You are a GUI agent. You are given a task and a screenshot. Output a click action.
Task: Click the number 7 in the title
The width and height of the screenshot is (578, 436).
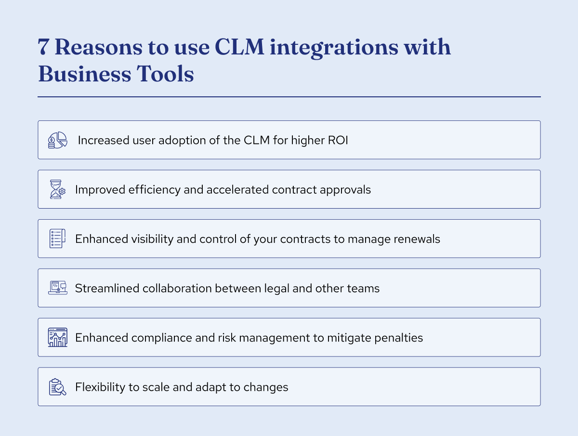click(x=44, y=48)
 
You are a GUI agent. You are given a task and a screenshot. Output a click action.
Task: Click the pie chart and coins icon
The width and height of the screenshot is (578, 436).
click(x=57, y=140)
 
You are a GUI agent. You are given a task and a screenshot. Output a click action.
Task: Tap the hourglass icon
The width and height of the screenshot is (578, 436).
click(x=57, y=189)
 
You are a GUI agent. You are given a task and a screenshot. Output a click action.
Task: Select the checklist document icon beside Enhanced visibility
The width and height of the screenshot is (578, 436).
click(x=57, y=239)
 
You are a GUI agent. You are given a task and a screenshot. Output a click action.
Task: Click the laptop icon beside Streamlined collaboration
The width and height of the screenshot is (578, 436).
click(x=57, y=288)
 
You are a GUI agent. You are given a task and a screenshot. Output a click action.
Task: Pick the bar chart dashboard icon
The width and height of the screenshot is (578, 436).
click(x=57, y=337)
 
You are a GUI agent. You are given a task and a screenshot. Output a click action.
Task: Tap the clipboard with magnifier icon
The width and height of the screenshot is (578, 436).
click(x=57, y=387)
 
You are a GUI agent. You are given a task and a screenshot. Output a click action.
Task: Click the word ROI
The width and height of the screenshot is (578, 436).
click(x=339, y=140)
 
